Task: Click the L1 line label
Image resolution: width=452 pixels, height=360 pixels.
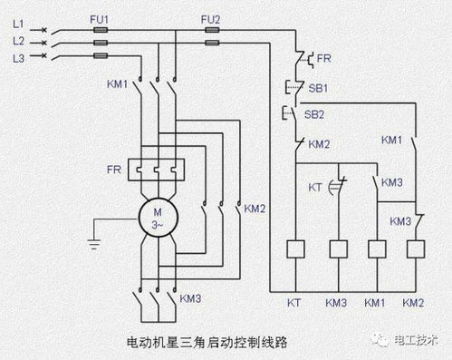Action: [x=15, y=28]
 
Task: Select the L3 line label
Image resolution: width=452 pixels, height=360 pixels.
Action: [x=15, y=57]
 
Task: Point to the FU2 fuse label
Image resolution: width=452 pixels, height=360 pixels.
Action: [x=209, y=17]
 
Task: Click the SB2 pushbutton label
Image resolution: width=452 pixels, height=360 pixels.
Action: [x=316, y=115]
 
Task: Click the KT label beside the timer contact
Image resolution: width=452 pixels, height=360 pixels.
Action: [x=315, y=187]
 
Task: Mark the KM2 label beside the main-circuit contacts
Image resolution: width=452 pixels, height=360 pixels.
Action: [x=255, y=208]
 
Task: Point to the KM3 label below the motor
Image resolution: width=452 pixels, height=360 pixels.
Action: [x=190, y=297]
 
